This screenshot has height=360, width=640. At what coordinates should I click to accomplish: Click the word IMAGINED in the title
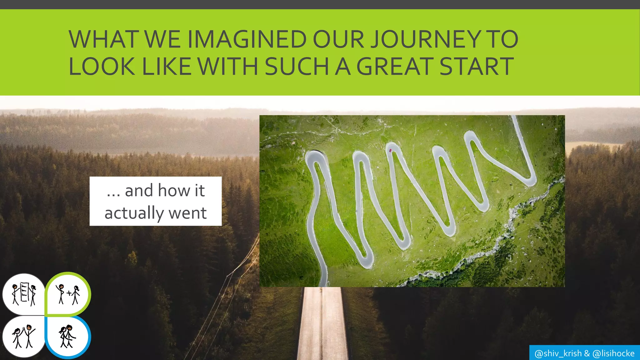point(247,39)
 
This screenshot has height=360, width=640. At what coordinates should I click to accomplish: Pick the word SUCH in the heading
point(297,67)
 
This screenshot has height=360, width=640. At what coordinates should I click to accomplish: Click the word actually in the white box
point(134,213)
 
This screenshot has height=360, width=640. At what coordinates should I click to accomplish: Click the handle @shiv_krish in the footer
point(558,353)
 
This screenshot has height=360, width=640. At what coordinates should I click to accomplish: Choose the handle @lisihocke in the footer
point(613,353)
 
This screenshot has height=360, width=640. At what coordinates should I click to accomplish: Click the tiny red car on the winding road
point(390,151)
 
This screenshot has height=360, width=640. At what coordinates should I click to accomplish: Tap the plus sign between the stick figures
point(69,293)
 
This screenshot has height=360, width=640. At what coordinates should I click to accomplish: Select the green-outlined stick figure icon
point(68,294)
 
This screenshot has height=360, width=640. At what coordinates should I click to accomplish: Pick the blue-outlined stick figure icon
point(68,336)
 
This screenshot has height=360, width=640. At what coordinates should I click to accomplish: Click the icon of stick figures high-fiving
point(24,336)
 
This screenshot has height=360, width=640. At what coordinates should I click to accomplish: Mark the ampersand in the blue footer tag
point(587,353)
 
